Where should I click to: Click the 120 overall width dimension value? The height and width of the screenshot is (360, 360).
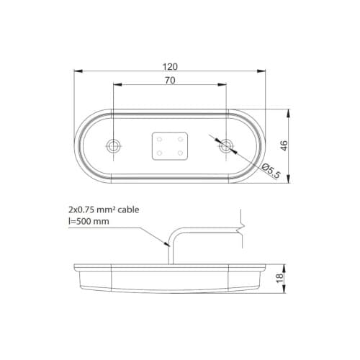pos(170,66)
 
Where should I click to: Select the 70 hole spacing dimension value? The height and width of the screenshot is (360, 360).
pos(170,81)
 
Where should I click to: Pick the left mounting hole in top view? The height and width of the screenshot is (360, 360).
pos(113,146)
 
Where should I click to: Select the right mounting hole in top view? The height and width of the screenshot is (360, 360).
pos(227,146)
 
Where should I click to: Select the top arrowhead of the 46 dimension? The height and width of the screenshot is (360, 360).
pos(289,113)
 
